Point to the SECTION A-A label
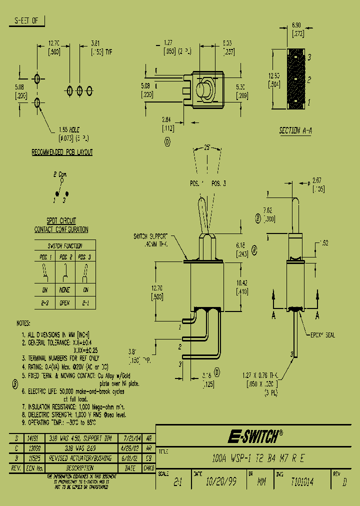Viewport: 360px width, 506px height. pyautogui.click(x=295, y=130)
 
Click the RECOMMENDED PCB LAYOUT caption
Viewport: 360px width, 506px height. pyautogui.click(x=62, y=152)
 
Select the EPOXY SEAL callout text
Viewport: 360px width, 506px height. pyautogui.click(x=323, y=335)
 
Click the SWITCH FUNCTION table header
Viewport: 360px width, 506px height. pyautogui.click(x=64, y=245)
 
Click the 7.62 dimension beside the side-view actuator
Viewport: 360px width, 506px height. pyautogui.click(x=268, y=211)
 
